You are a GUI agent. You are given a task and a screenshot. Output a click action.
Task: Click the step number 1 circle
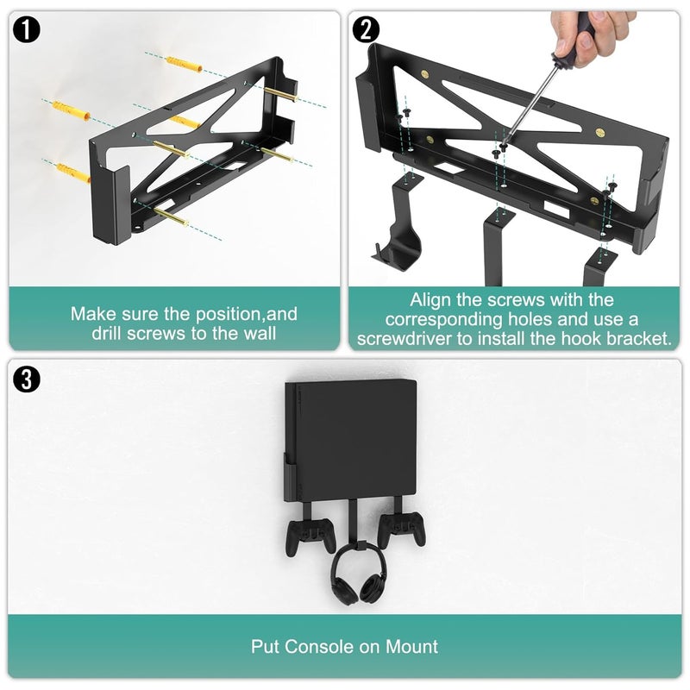coord(26,31)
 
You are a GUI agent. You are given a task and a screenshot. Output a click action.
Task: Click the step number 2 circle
coord(367,31)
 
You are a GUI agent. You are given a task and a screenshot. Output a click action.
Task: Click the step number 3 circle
coord(26,379)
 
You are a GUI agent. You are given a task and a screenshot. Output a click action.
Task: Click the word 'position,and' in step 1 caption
coord(249,313)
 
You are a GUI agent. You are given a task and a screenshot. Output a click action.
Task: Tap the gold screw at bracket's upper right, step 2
coord(600,133)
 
